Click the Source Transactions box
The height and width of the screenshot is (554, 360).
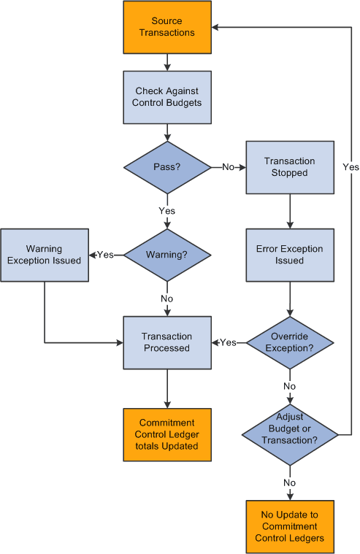click(167, 27)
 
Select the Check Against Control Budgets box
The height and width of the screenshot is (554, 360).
click(167, 97)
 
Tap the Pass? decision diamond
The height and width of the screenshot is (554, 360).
click(167, 167)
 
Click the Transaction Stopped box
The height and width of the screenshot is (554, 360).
click(290, 167)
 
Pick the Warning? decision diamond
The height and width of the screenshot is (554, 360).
click(167, 255)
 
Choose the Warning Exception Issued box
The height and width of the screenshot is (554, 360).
click(45, 255)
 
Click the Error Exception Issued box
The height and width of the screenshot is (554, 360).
click(290, 255)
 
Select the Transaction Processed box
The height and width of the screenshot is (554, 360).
click(167, 342)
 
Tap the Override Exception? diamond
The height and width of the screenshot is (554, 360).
click(290, 342)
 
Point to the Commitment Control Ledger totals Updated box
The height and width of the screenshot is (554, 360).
click(167, 434)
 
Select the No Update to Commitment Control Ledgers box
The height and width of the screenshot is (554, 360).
click(290, 526)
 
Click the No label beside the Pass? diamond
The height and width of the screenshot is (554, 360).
click(229, 167)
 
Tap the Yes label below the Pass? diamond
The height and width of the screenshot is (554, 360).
click(167, 211)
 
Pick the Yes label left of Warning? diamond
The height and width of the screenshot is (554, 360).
click(106, 255)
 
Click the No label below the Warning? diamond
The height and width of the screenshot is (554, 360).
click(167, 299)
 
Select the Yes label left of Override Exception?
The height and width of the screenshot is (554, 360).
click(229, 342)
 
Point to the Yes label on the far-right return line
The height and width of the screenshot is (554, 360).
click(351, 167)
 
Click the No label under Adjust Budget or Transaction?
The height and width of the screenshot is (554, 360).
click(290, 482)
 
